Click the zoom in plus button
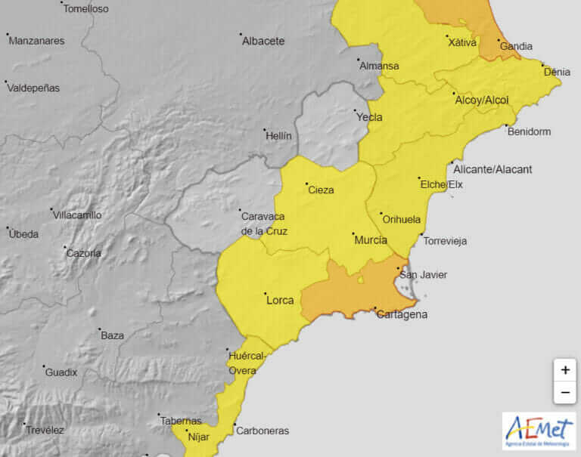click(564, 370)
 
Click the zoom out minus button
click(564, 393)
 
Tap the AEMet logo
click(538, 431)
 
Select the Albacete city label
click(263, 42)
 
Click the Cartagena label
click(402, 314)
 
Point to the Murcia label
click(371, 240)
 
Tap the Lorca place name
click(280, 301)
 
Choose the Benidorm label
click(529, 131)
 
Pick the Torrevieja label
click(445, 241)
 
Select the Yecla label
click(369, 117)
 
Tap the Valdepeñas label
click(33, 88)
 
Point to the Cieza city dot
click(306, 184)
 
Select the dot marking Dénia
click(544, 66)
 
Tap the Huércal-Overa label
click(247, 363)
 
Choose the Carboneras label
click(263, 431)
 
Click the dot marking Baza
click(99, 329)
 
